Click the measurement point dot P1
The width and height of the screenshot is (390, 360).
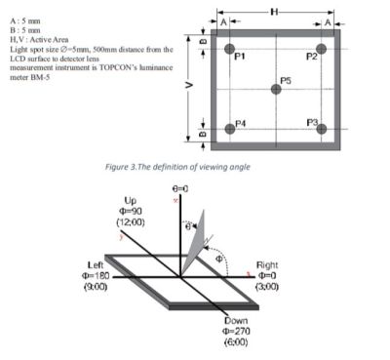coord(228,49)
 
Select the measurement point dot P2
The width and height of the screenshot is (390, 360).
coord(321,49)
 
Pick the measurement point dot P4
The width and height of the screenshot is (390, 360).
coord(228,129)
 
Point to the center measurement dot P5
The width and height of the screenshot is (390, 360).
coord(276,89)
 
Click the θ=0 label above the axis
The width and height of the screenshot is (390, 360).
coord(180,186)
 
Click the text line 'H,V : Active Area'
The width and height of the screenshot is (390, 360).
coord(36,39)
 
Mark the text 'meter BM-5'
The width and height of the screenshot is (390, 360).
coord(28,75)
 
